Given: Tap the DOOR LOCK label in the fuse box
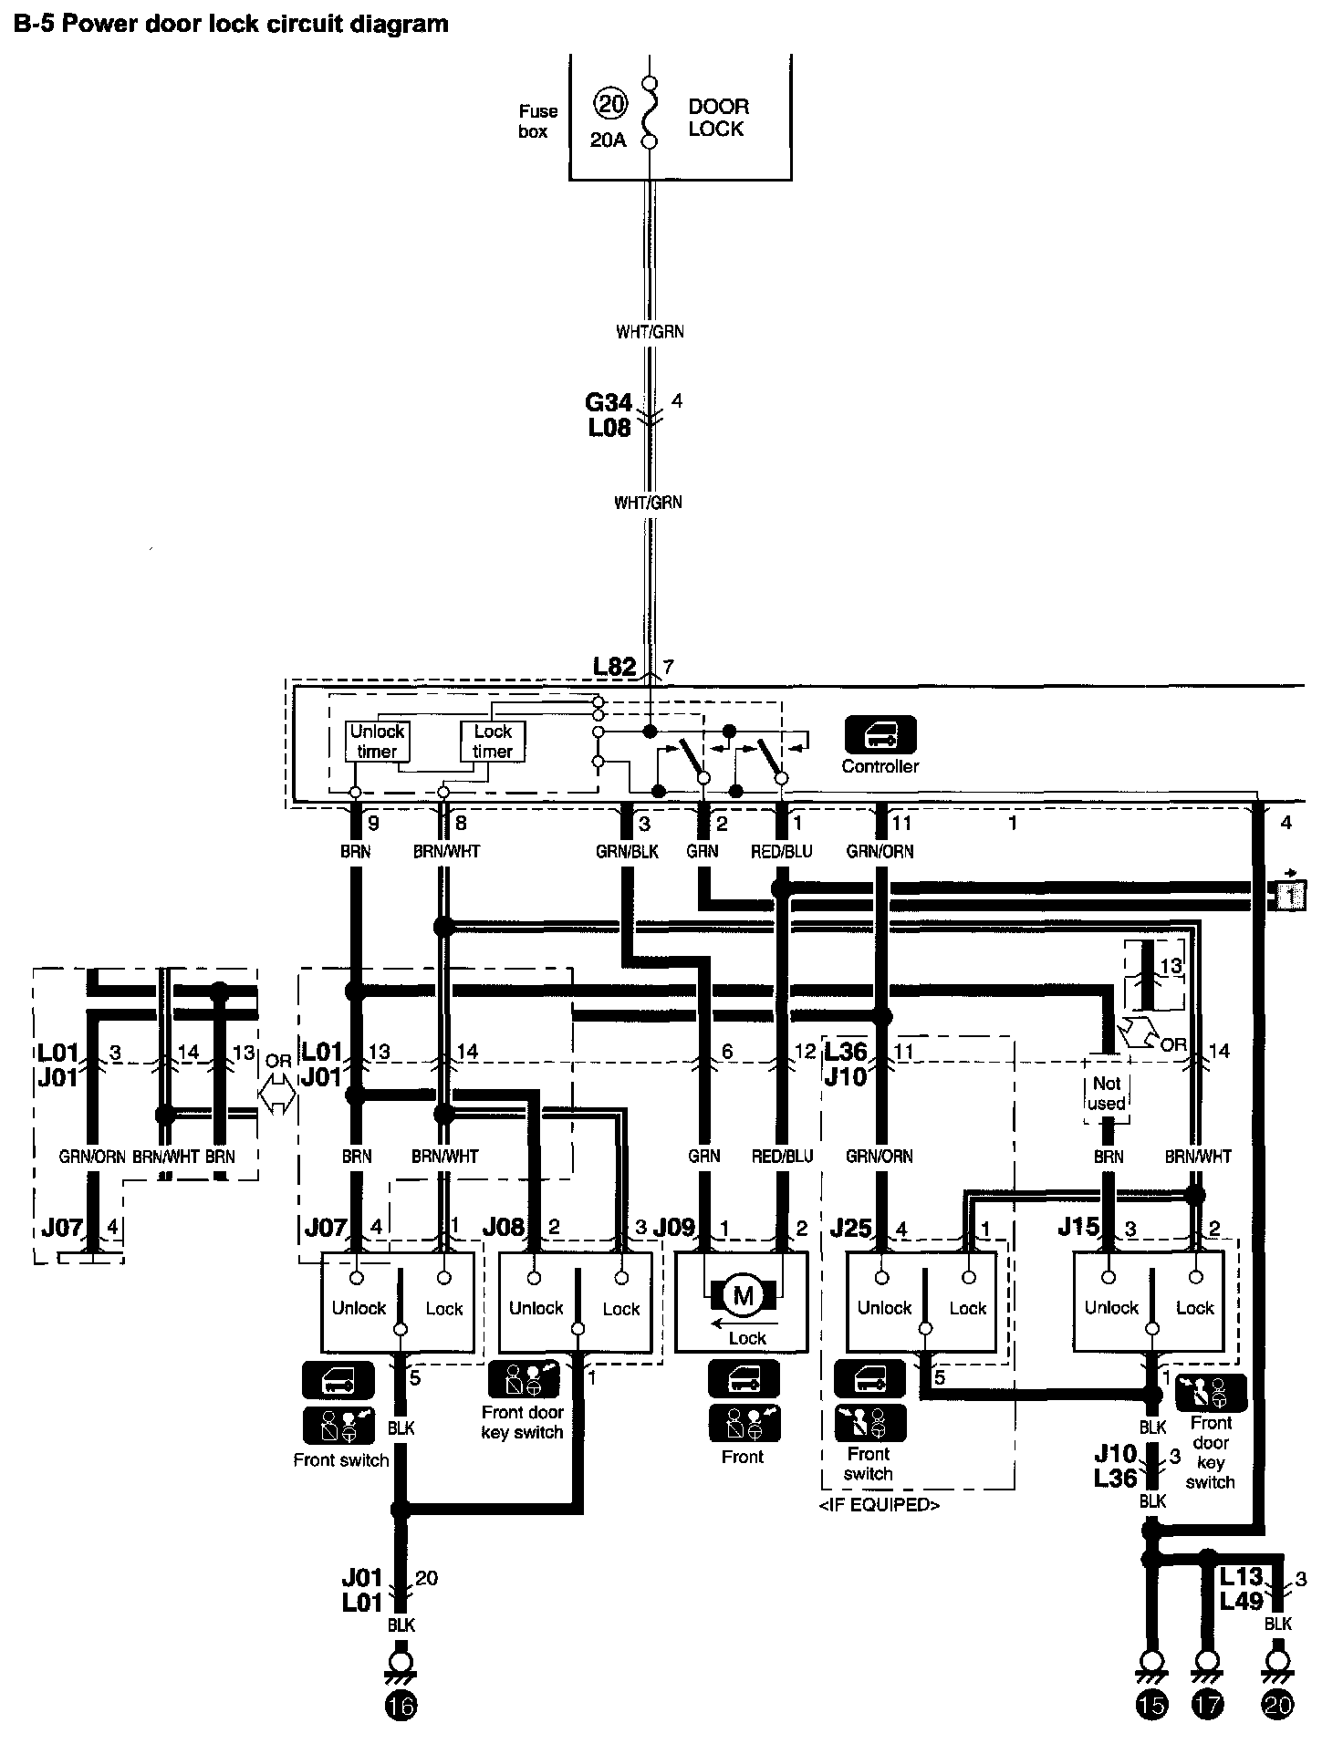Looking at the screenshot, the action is pyautogui.click(x=718, y=118).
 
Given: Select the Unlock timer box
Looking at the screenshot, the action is pyautogui.click(x=377, y=742).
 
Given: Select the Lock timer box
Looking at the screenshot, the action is pyautogui.click(x=493, y=742).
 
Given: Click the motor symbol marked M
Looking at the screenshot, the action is pyautogui.click(x=744, y=1296).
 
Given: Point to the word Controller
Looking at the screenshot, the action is pyautogui.click(x=880, y=766).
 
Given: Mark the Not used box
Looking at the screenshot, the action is pyautogui.click(x=1106, y=1093).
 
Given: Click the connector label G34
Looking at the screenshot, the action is pyautogui.click(x=608, y=402).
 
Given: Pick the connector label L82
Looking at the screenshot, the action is pyautogui.click(x=614, y=667).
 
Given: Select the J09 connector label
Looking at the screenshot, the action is pyautogui.click(x=674, y=1227).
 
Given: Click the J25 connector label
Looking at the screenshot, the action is pyautogui.click(x=850, y=1227).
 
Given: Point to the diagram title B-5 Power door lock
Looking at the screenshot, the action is pyautogui.click(x=231, y=24).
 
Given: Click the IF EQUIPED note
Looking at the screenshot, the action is pyautogui.click(x=880, y=1504).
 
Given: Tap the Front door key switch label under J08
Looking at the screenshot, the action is pyautogui.click(x=522, y=1422).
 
